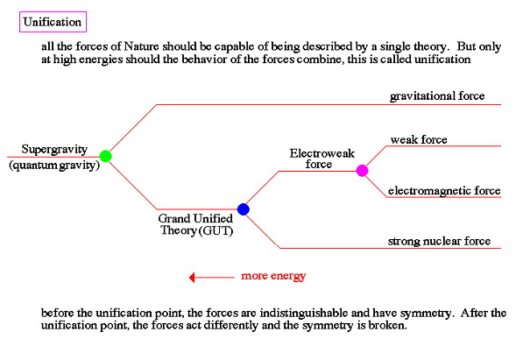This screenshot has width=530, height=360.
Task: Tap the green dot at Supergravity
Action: click(106, 156)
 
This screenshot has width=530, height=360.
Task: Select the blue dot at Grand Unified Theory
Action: click(244, 208)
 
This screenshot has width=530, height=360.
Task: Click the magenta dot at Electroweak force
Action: click(362, 170)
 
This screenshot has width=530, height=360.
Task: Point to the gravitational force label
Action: click(437, 95)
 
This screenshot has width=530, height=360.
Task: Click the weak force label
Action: click(419, 139)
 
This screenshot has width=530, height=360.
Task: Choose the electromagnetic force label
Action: click(444, 190)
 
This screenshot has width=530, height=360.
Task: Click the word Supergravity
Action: click(52, 150)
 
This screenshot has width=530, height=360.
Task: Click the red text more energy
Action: click(273, 277)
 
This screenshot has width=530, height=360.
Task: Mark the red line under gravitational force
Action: click(438, 105)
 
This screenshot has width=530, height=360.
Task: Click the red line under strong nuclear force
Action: click(438, 248)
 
